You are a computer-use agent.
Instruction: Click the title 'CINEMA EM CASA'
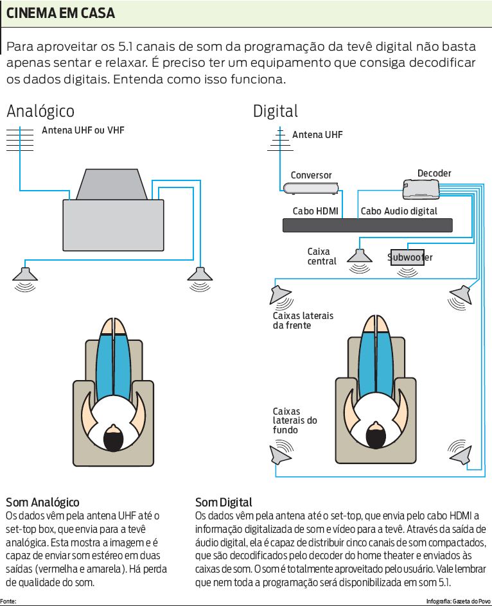point(61,13)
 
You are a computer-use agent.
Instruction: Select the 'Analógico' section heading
point(40,111)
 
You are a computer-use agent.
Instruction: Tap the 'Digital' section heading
point(275,111)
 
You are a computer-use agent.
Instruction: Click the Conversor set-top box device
point(310,188)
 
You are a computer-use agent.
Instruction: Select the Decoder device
point(421,187)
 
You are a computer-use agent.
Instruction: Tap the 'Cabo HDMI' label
point(315,211)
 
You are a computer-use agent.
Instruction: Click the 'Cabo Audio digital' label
point(399,211)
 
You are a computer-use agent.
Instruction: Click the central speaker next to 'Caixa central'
point(360,255)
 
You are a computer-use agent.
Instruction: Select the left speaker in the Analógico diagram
point(25,274)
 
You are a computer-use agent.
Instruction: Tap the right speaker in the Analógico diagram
point(200,274)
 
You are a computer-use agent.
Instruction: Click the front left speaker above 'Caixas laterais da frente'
point(281,295)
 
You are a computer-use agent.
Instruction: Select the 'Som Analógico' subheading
point(42,501)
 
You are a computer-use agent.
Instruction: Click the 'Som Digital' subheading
point(224,501)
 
